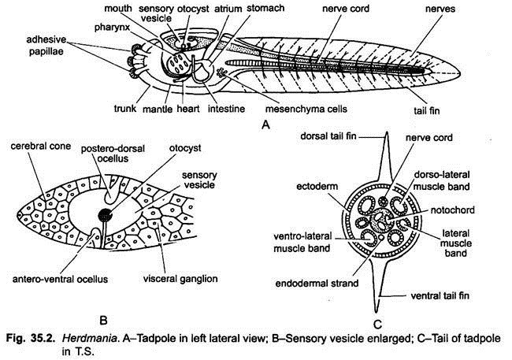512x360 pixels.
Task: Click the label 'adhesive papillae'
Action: (25, 46)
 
